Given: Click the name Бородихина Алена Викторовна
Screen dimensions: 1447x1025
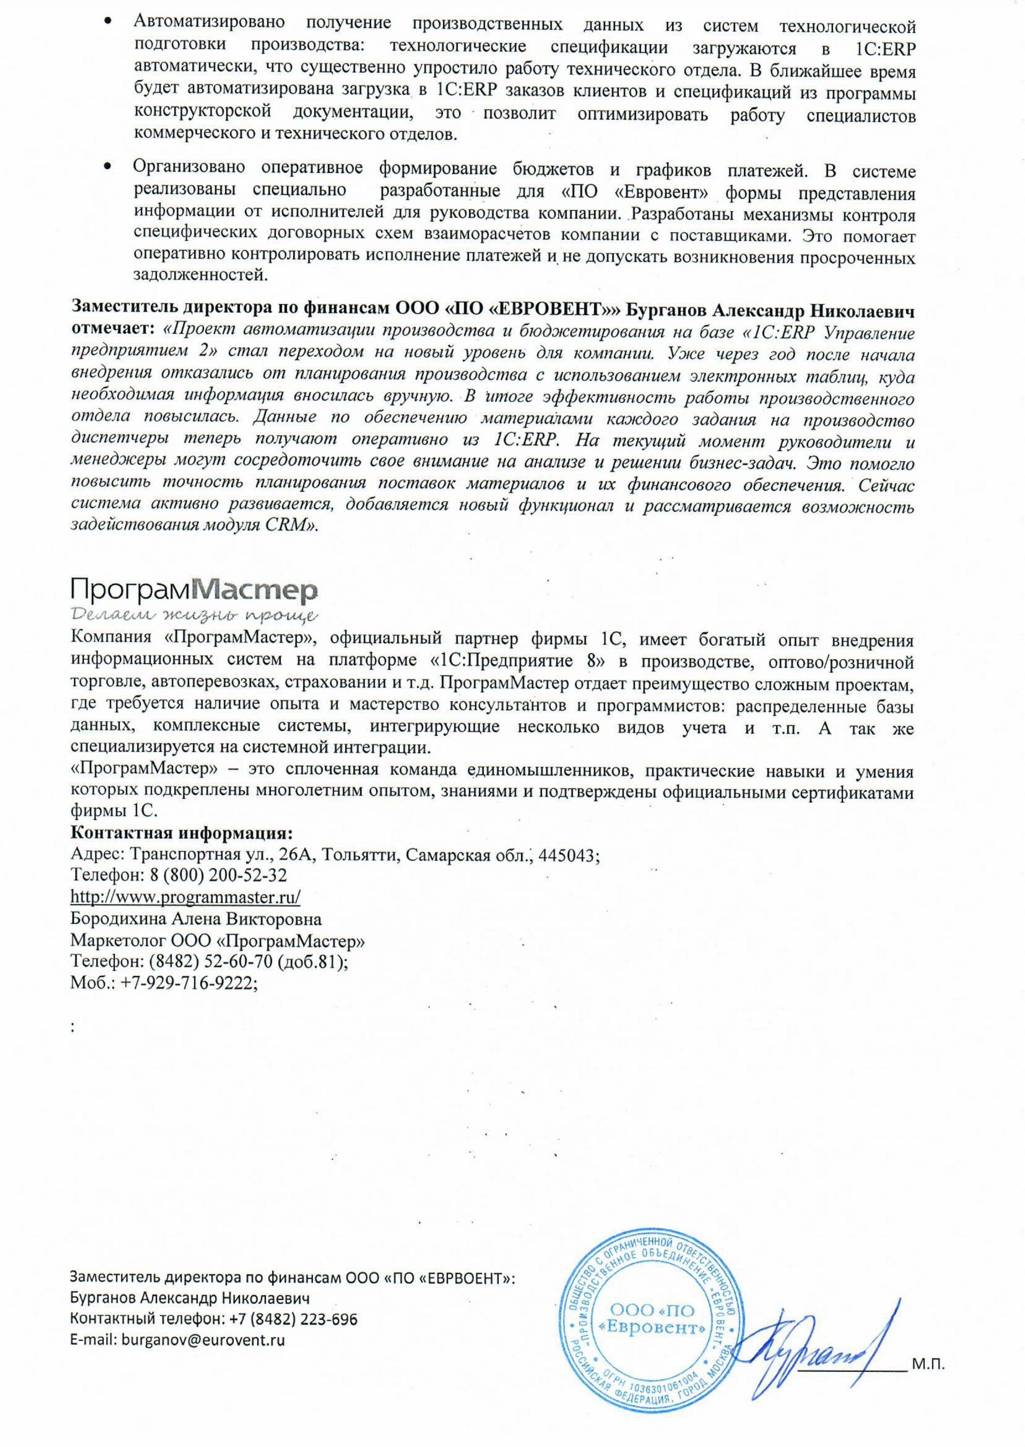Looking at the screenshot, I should point(196,918).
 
